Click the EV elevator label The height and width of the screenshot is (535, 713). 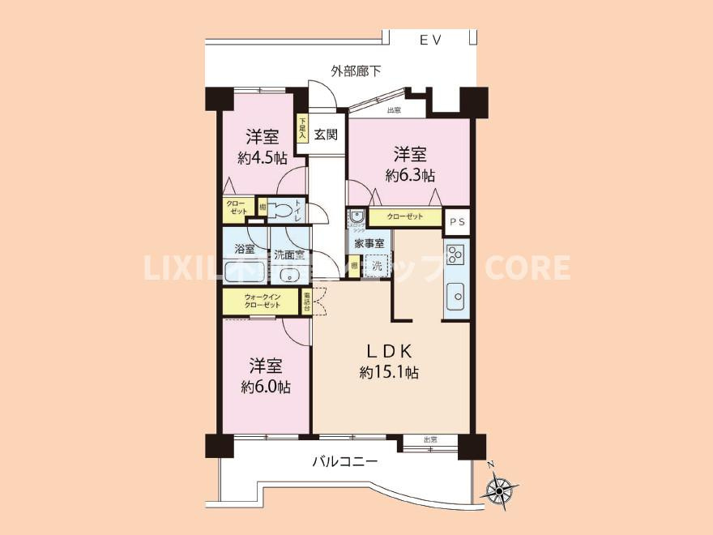(x=429, y=41)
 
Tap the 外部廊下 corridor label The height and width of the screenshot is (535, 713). (x=356, y=71)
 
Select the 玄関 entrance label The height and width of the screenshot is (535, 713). (x=326, y=135)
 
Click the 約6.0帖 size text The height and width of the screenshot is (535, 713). (x=265, y=387)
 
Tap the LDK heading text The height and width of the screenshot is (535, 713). (x=389, y=351)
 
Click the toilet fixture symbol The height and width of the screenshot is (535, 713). (x=281, y=209)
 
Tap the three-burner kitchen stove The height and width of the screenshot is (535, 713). (x=456, y=255)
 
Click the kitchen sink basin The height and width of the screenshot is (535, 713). (x=456, y=296)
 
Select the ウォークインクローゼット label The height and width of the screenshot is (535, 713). (x=263, y=301)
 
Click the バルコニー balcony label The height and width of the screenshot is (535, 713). (x=345, y=463)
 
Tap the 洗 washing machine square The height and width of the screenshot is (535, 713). (x=377, y=264)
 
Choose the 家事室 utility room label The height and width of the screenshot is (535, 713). (x=369, y=242)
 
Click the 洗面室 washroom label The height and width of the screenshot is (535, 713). (x=288, y=254)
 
